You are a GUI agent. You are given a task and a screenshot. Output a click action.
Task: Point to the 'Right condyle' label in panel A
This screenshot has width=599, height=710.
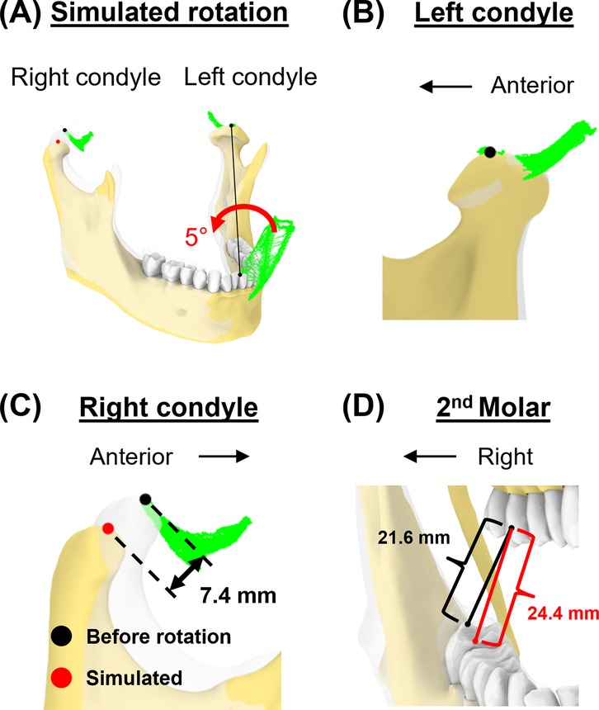pos(85,78)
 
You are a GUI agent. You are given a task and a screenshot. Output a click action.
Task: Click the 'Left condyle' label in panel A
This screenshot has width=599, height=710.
pos(251,78)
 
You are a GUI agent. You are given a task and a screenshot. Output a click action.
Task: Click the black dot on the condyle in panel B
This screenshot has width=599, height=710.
pos(490,152)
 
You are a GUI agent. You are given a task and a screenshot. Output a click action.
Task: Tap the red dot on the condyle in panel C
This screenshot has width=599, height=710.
pos(107,528)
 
